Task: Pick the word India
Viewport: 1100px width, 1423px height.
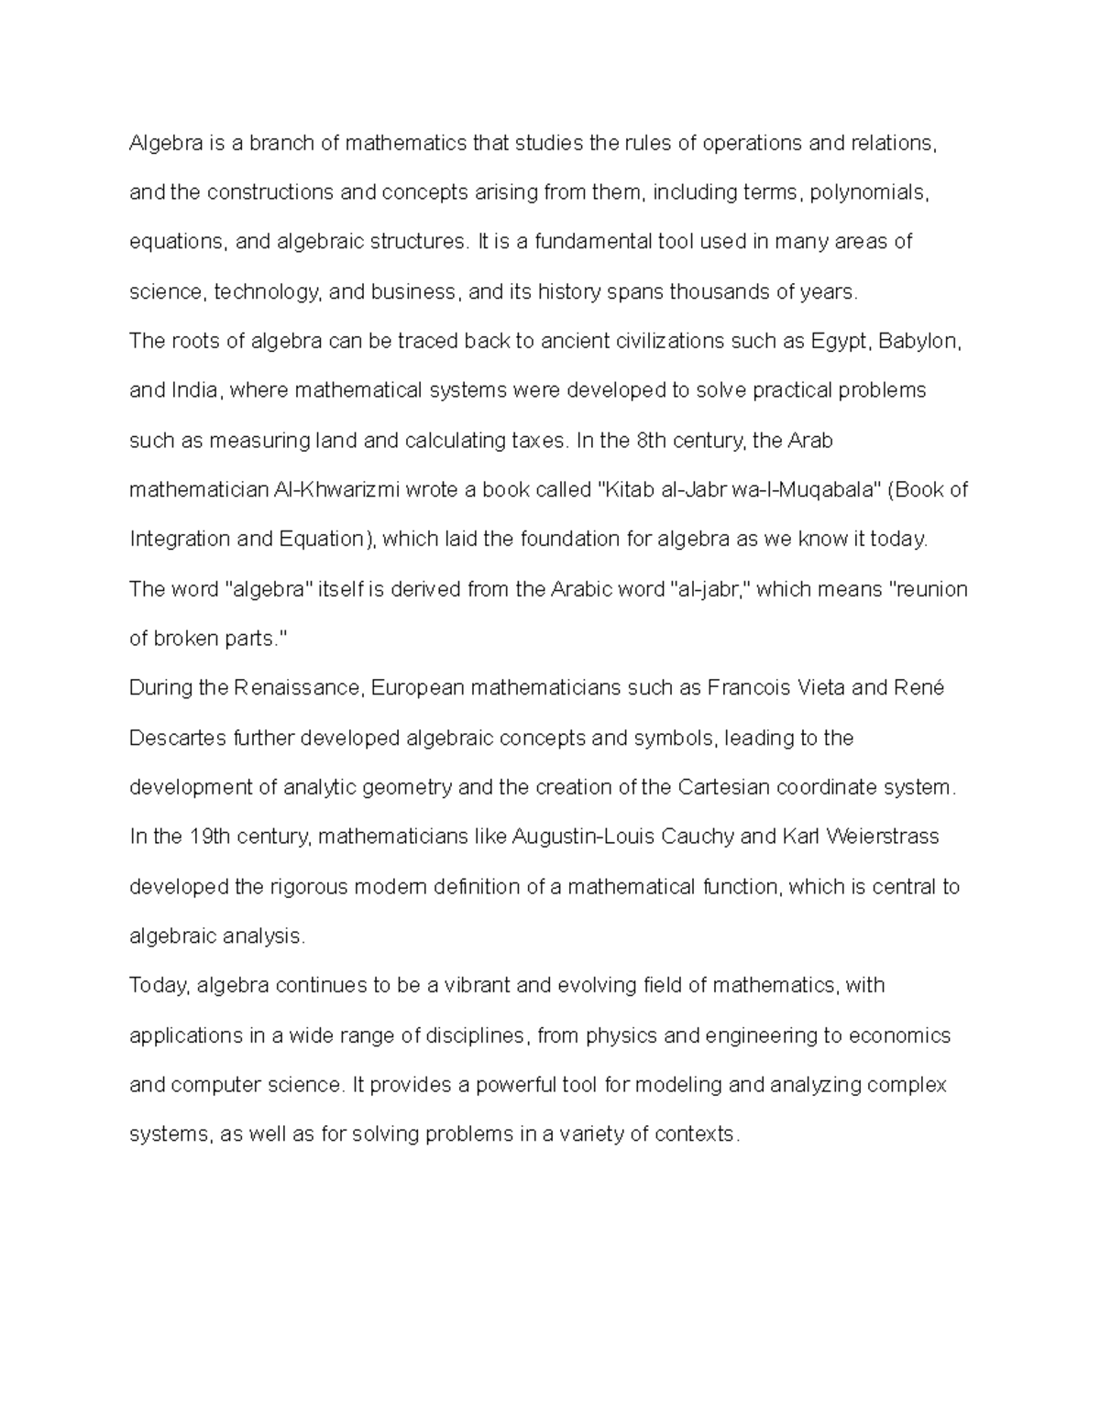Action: pos(194,391)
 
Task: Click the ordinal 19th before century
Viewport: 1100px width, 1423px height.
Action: pos(210,837)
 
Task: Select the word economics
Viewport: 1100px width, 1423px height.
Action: pos(899,1035)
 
